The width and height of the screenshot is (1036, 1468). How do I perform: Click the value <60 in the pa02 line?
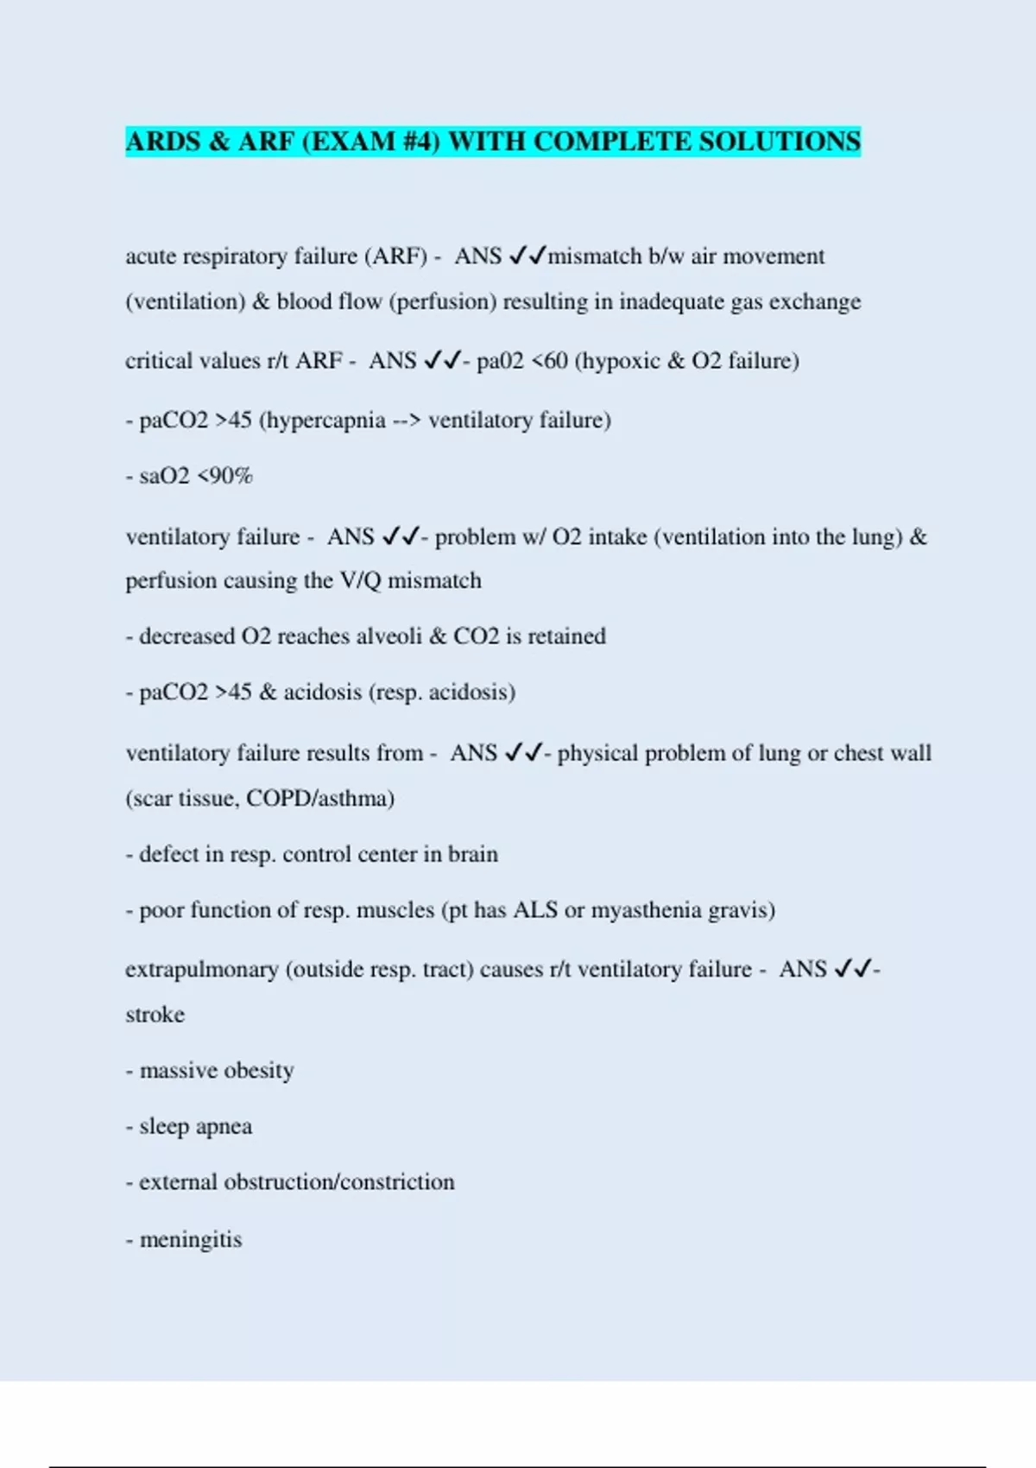pyautogui.click(x=549, y=361)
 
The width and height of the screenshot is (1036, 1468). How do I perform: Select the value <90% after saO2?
pyautogui.click(x=224, y=476)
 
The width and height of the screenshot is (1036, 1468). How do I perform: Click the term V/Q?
pyautogui.click(x=361, y=580)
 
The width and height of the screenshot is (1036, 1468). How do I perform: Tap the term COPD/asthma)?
pyautogui.click(x=320, y=798)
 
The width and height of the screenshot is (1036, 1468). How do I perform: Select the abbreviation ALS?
pyautogui.click(x=535, y=910)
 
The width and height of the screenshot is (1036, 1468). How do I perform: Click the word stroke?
pyautogui.click(x=155, y=1015)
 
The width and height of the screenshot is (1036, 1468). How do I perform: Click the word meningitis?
pyautogui.click(x=191, y=1240)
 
